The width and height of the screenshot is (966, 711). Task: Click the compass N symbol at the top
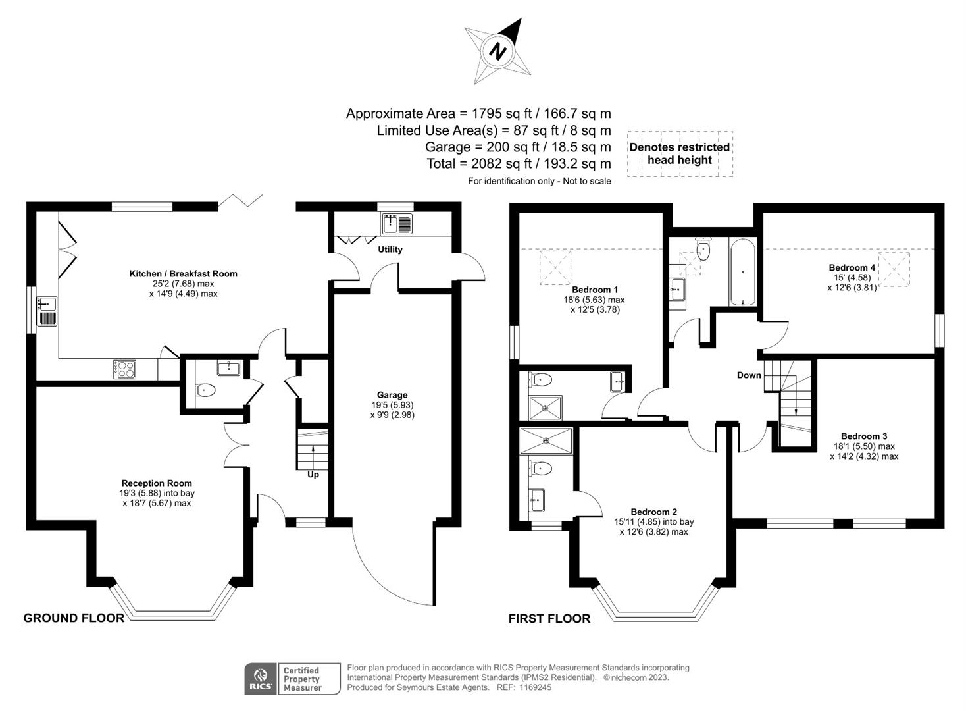498,51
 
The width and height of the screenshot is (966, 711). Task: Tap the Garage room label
392,395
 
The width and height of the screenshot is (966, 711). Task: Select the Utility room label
390,250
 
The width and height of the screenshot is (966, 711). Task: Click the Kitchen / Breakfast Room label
183,274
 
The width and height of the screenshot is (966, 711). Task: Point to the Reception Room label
157,483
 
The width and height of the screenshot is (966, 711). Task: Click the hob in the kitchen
124,369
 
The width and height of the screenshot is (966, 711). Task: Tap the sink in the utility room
397,224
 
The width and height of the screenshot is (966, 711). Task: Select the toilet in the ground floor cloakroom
207,390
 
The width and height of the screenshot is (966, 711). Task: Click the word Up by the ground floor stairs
313,475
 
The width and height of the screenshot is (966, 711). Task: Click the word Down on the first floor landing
749,375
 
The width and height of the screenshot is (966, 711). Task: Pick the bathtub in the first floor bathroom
743,272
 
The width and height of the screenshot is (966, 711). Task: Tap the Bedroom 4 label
852,267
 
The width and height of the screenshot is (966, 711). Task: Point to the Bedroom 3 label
864,436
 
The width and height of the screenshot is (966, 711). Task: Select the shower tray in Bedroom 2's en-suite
546,441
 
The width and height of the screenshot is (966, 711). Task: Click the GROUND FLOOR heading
74,618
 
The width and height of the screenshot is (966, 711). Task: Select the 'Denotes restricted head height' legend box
680,153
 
